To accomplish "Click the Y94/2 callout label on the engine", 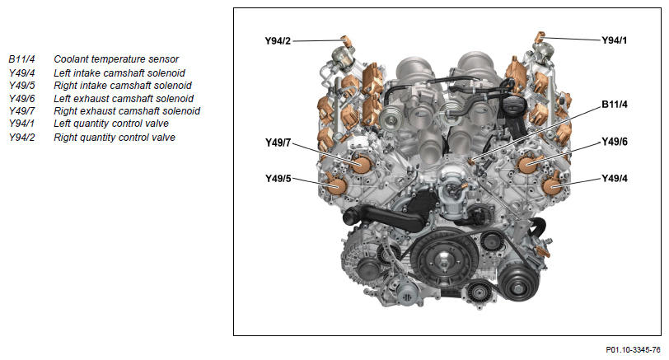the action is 278,41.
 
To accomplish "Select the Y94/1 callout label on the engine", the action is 615,40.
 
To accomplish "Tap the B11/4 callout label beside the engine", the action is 615,105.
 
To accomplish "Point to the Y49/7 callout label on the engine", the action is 278,143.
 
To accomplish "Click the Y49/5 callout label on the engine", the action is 278,179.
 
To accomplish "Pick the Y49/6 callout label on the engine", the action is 615,142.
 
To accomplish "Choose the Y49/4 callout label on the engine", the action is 615,178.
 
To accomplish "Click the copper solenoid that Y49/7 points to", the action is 362,164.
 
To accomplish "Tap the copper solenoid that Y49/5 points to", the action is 337,185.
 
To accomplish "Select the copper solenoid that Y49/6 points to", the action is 527,163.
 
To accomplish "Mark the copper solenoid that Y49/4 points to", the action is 552,186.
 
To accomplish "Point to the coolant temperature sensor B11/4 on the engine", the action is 471,161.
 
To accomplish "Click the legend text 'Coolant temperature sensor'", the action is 116,59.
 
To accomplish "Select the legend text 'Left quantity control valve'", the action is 111,124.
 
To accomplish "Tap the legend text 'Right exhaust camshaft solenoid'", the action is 127,111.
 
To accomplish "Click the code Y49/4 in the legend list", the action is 21,73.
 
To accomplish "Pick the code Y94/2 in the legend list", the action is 21,138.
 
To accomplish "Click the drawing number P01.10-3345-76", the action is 633,350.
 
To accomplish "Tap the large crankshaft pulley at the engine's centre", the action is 444,259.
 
